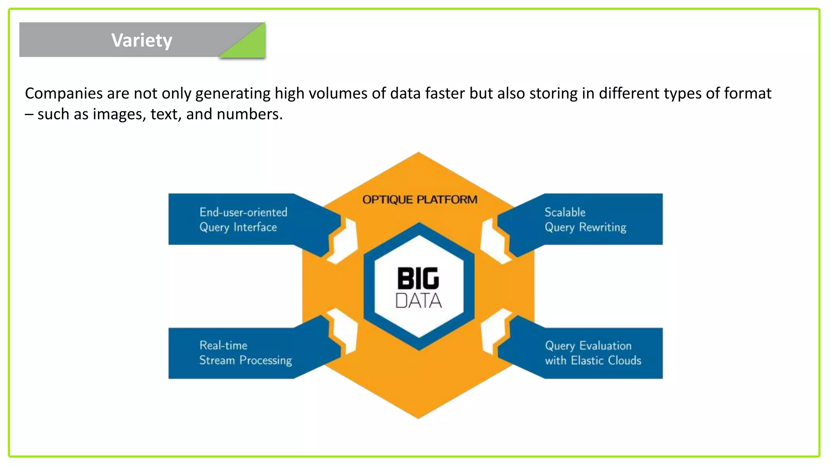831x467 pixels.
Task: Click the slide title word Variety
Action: [142, 40]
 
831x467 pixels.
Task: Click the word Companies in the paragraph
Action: [64, 94]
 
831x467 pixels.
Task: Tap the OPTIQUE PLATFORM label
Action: [420, 199]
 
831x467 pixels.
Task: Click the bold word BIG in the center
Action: [418, 279]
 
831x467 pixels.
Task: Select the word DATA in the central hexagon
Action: [418, 301]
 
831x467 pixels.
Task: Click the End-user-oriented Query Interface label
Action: [243, 219]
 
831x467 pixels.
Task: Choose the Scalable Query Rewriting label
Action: [585, 219]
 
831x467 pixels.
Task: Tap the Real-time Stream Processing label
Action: [245, 353]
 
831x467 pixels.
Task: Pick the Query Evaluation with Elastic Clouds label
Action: [592, 353]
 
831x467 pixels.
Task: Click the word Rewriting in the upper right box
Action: [603, 227]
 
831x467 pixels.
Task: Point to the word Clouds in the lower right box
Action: [624, 360]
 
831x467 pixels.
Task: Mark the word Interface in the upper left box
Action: [255, 227]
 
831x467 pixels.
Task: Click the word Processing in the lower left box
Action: [265, 360]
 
